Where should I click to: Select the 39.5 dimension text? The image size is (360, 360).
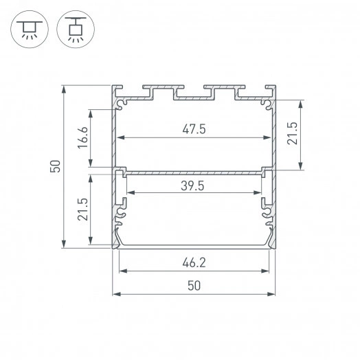coord(194,185)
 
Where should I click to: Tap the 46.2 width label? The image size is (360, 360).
coord(194,262)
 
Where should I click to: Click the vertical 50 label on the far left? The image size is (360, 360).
coord(56,166)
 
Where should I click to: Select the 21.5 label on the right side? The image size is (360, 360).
coord(291,134)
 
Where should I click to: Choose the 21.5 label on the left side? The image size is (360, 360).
coord(82,209)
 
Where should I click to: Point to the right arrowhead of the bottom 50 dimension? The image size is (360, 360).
coord(274,294)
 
